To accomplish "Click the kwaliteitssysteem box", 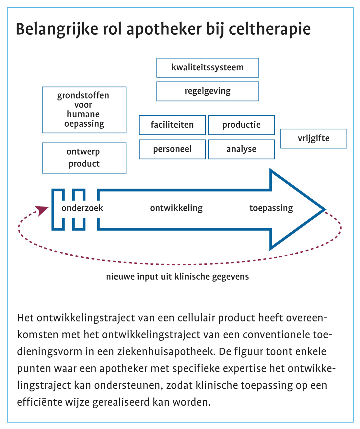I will (207, 67).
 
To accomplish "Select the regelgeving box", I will (207, 91).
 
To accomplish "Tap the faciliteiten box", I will (172, 125).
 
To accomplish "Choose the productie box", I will (241, 125).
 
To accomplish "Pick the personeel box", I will (172, 149).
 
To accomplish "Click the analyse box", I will (241, 149).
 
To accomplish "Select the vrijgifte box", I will (313, 138).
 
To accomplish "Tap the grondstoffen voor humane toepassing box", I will (84, 110).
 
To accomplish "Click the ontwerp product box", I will (84, 158).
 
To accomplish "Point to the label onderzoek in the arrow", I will (82, 208).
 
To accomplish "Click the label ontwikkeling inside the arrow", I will (176, 208).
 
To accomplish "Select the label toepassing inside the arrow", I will (271, 208).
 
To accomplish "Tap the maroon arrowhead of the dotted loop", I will (42, 210).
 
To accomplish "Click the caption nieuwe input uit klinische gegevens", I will (177, 277).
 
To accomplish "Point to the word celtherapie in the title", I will (270, 29).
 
